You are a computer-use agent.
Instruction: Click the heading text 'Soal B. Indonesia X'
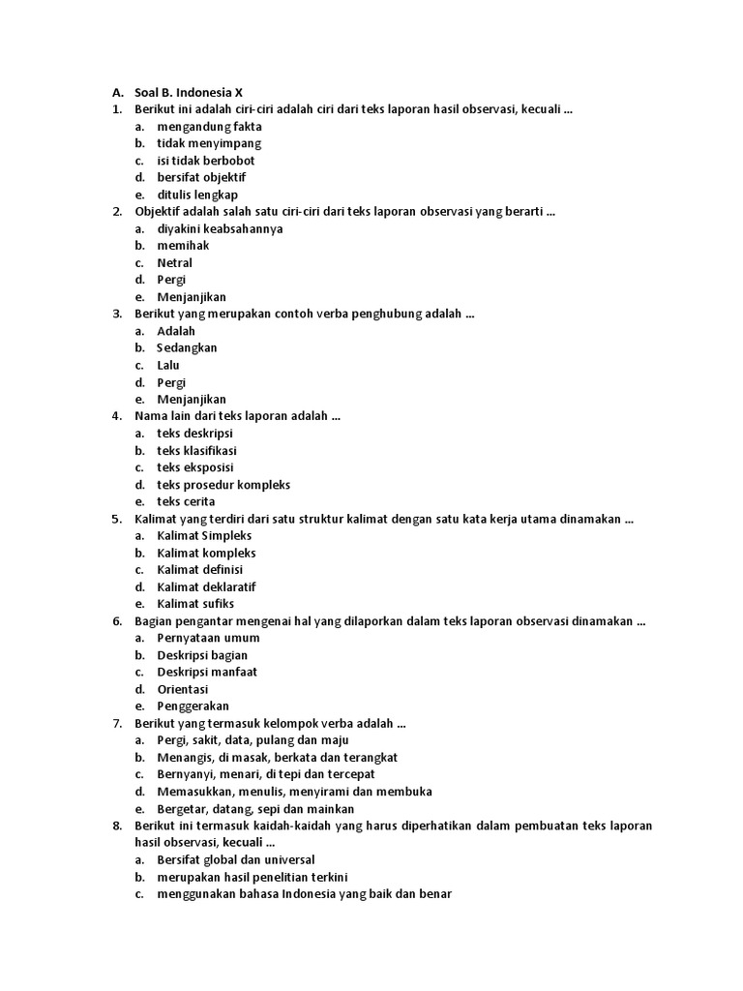pyautogui.click(x=189, y=93)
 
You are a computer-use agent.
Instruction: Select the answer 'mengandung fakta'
pyautogui.click(x=209, y=127)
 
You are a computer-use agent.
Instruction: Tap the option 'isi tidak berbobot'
pyautogui.click(x=206, y=161)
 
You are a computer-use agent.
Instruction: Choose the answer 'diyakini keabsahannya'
pyautogui.click(x=220, y=228)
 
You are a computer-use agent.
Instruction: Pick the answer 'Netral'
pyautogui.click(x=175, y=263)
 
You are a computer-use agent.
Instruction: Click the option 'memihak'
pyautogui.click(x=183, y=246)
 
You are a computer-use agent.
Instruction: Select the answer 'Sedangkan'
pyautogui.click(x=188, y=347)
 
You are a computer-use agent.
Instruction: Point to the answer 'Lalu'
pyautogui.click(x=168, y=365)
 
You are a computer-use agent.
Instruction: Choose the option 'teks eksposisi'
pyautogui.click(x=195, y=467)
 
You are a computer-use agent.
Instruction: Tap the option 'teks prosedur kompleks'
pyautogui.click(x=223, y=485)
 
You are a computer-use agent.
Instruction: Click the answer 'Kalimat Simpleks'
pyautogui.click(x=204, y=535)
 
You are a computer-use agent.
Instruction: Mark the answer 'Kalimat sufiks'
pyautogui.click(x=196, y=604)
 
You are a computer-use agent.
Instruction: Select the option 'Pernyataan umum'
pyautogui.click(x=208, y=638)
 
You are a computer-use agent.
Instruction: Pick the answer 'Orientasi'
pyautogui.click(x=183, y=689)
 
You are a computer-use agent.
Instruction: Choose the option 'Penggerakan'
pyautogui.click(x=193, y=706)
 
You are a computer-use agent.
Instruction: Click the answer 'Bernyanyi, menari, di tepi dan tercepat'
pyautogui.click(x=266, y=774)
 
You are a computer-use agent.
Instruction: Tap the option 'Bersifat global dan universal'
pyautogui.click(x=236, y=859)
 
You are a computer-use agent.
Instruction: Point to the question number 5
pyautogui.click(x=116, y=519)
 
